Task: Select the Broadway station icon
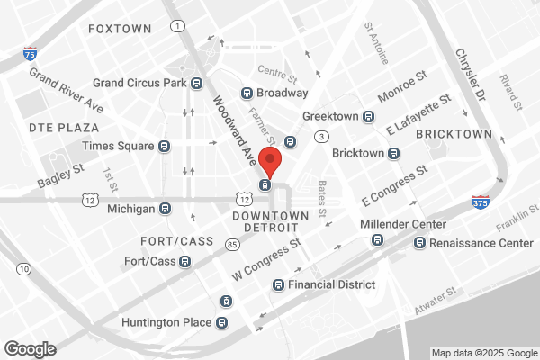(246, 93)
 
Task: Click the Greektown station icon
(368, 117)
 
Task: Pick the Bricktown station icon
(393, 153)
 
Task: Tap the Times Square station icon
(164, 146)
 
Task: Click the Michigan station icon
(165, 209)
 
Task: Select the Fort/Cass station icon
(184, 262)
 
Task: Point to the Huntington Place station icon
(221, 322)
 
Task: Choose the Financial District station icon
(278, 285)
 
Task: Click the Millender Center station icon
(378, 240)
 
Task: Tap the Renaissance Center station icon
(419, 243)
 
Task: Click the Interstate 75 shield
(31, 55)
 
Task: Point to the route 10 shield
(23, 269)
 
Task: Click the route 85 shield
(232, 244)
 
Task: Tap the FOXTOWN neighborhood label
(120, 30)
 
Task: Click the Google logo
(30, 348)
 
